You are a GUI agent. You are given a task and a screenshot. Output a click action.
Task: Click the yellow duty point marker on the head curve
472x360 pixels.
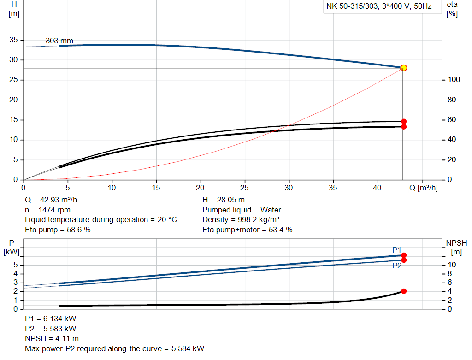click(404, 68)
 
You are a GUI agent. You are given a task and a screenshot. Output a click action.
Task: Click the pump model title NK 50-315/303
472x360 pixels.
click(378, 7)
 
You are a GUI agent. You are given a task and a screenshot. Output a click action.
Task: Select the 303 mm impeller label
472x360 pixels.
click(59, 41)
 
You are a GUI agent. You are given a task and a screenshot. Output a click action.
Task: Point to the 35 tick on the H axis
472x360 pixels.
click(14, 40)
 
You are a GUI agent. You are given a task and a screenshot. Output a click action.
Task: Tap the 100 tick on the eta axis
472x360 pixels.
click(454, 80)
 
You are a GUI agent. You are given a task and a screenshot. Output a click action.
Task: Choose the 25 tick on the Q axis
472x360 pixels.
click(245, 188)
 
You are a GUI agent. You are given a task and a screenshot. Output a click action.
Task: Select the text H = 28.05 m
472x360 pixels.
click(224, 200)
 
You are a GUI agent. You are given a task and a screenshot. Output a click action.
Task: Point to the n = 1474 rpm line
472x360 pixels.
click(47, 210)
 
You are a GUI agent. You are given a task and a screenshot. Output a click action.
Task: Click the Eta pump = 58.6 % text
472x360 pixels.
click(58, 230)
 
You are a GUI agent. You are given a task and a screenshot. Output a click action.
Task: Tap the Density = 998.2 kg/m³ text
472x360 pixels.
click(241, 220)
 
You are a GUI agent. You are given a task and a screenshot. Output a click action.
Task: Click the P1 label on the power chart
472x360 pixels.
click(396, 250)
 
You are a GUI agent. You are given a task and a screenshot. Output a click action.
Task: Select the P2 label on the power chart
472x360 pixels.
click(397, 266)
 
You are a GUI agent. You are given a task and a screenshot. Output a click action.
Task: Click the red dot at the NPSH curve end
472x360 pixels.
click(404, 291)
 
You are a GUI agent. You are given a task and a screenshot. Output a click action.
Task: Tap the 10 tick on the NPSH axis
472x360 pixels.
click(452, 265)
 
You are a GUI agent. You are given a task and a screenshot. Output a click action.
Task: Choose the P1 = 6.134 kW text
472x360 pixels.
click(50, 319)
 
